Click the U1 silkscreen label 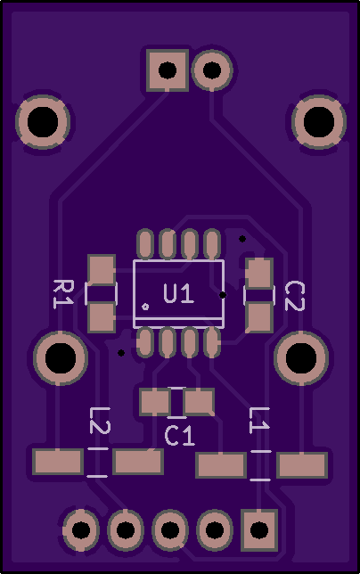[x=178, y=293]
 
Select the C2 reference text [x=295, y=296]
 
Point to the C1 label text [x=180, y=436]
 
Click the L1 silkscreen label [x=259, y=421]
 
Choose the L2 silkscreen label [x=100, y=421]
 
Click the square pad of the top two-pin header [x=168, y=70]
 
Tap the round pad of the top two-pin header [x=212, y=70]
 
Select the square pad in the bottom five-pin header [x=259, y=529]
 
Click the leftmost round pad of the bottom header [x=81, y=529]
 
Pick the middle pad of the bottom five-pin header [x=170, y=529]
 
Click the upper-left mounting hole [x=43, y=122]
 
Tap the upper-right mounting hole [x=319, y=122]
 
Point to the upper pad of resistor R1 [x=102, y=270]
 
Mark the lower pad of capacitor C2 [x=259, y=317]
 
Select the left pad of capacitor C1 [x=155, y=402]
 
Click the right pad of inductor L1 [x=302, y=465]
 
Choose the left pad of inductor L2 [x=58, y=462]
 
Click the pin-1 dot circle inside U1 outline [x=145, y=307]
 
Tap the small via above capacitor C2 [x=242, y=239]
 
